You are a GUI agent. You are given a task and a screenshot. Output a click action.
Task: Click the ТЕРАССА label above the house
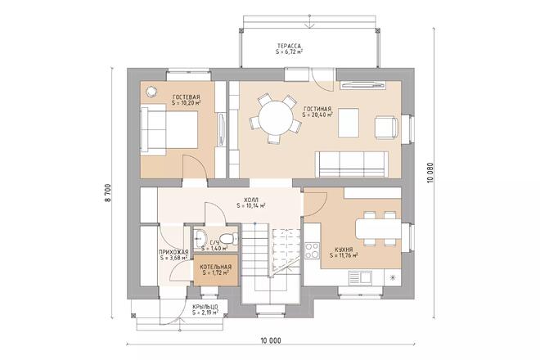click(x=290, y=45)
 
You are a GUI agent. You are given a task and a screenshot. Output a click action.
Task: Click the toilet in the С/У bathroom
click(x=232, y=240)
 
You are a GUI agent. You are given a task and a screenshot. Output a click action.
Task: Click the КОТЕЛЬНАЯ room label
click(x=215, y=267)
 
